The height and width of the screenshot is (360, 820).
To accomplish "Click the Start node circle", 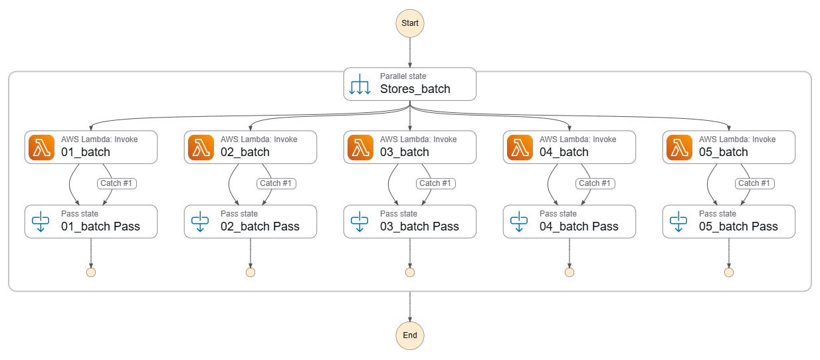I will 410,23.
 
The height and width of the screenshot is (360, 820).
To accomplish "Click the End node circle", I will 410,335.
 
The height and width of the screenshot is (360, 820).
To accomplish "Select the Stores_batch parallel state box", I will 410,84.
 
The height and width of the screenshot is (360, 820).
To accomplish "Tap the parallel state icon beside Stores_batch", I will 359,84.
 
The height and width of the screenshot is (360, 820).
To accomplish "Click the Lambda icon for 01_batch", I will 41,147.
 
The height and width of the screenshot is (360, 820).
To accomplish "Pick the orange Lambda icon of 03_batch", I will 360,147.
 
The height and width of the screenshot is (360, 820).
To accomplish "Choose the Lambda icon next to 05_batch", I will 679,147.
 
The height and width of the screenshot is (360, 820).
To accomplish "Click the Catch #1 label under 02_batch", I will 276,183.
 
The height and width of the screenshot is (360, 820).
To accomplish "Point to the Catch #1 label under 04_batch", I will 595,183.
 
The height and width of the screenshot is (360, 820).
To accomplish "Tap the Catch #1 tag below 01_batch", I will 116,183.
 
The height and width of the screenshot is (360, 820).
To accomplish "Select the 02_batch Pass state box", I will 251,221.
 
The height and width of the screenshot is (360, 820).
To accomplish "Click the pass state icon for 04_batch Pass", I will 519,221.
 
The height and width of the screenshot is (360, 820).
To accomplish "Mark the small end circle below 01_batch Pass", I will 91,272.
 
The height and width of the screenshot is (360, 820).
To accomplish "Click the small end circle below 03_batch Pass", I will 410,272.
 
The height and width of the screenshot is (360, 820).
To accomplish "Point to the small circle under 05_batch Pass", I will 729,272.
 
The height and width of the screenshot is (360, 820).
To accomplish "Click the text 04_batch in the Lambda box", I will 564,152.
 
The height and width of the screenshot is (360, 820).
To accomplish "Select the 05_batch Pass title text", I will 738,226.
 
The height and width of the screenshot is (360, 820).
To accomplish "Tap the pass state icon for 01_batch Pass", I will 41,221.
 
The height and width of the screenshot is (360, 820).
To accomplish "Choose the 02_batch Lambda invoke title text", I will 245,152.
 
